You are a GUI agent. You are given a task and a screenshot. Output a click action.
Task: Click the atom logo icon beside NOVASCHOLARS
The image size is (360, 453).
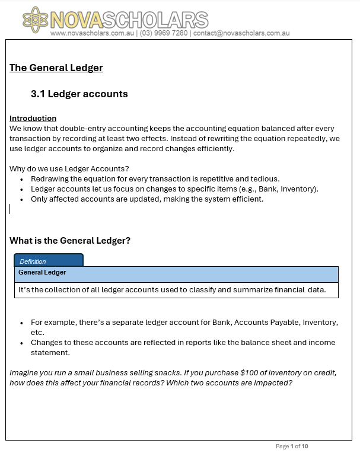[x=35, y=21]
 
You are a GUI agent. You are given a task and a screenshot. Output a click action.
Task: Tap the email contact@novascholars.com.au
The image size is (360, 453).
[x=241, y=34]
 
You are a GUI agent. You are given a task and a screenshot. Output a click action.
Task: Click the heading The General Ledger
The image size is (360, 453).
[x=56, y=68]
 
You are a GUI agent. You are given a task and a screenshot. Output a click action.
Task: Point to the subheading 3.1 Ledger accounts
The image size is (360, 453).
[x=79, y=94]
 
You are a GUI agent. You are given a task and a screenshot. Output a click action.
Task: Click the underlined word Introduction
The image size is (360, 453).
[x=33, y=119]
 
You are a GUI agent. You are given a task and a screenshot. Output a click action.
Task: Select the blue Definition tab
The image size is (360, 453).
[x=49, y=260]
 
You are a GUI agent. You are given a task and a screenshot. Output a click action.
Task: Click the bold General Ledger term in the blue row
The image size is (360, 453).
[x=42, y=273]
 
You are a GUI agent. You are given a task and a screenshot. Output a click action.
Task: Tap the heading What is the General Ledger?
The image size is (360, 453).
[x=70, y=241]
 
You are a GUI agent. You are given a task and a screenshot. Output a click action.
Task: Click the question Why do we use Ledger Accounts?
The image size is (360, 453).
[x=69, y=168]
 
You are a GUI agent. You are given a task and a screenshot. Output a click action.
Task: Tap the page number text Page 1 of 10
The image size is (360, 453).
[x=292, y=446]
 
